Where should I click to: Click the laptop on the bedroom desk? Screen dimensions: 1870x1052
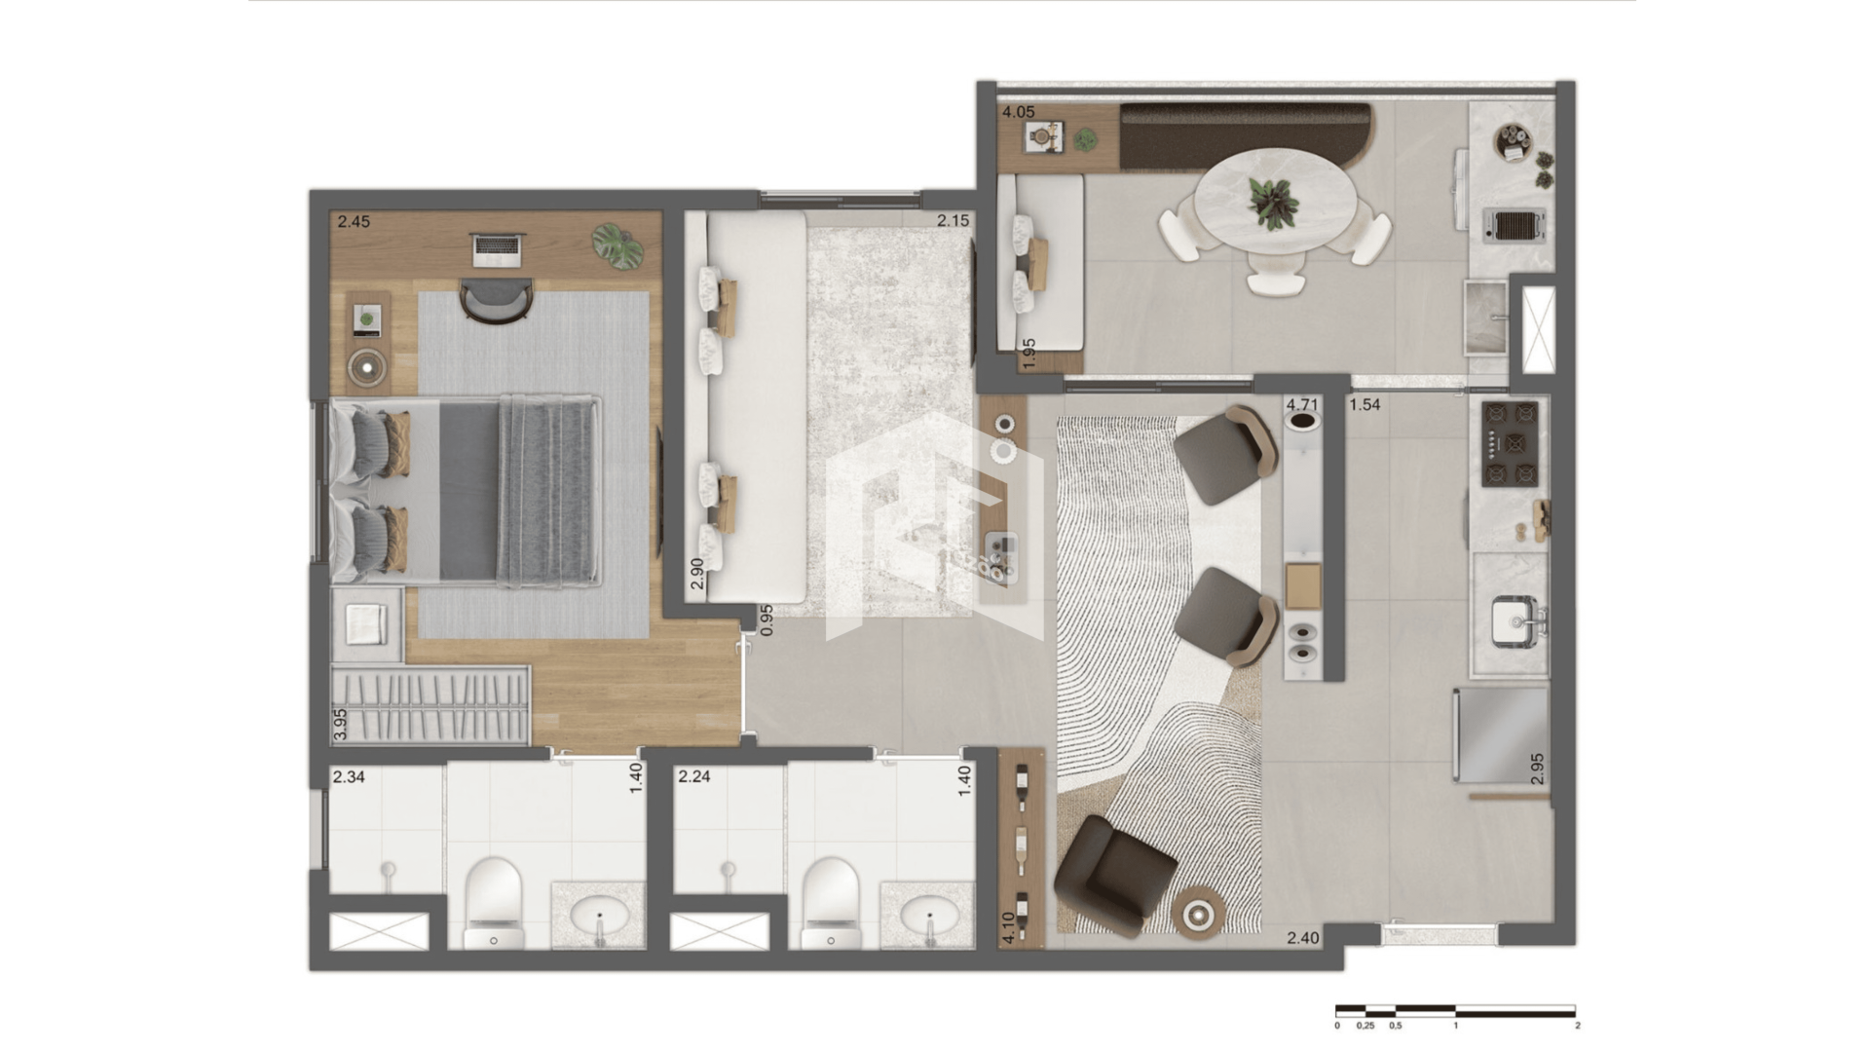pyautogui.click(x=498, y=249)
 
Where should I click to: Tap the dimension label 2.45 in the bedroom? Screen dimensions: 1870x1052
pyautogui.click(x=354, y=222)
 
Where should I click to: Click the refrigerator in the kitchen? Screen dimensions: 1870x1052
pyautogui.click(x=1501, y=734)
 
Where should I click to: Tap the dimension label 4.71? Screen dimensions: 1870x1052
pyautogui.click(x=1302, y=404)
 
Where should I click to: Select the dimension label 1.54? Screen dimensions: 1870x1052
pyautogui.click(x=1365, y=404)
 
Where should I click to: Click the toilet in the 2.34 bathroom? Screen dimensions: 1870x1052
pyautogui.click(x=494, y=902)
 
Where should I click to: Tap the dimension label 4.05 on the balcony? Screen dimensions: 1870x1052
pyautogui.click(x=1019, y=112)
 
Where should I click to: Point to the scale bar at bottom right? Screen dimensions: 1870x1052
pyautogui.click(x=1456, y=1011)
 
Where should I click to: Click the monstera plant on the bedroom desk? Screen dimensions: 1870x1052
pyautogui.click(x=617, y=245)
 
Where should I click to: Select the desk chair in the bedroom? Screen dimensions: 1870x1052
pyautogui.click(x=497, y=299)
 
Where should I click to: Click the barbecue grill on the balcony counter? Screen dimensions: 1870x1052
pyautogui.click(x=1514, y=226)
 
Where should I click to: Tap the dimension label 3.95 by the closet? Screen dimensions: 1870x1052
pyautogui.click(x=340, y=725)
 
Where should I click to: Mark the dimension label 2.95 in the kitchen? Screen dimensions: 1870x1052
pyautogui.click(x=1537, y=769)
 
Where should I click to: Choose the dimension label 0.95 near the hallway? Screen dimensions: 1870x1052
pyautogui.click(x=767, y=620)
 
